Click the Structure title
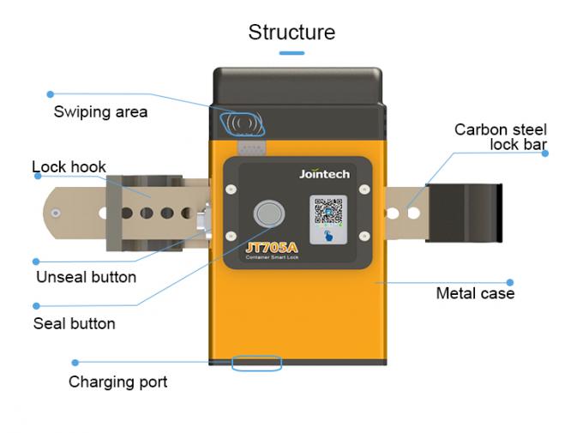291,33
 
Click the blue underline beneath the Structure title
291,53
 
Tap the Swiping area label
100,111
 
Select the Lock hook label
69,166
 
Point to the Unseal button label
86,277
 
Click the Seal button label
74,323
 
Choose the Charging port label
117,382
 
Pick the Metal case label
475,293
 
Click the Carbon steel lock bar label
501,137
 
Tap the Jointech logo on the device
324,174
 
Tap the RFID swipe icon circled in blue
244,124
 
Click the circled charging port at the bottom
256,364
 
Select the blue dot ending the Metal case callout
510,281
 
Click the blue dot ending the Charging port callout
75,363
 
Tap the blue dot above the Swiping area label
51,93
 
